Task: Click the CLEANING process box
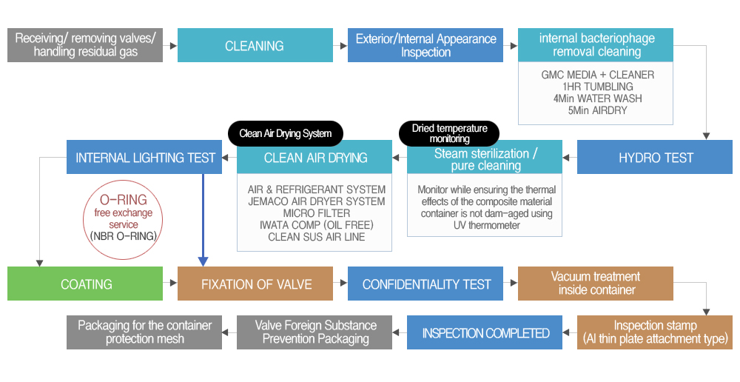(255, 45)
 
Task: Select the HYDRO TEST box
(655, 157)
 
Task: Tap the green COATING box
(85, 284)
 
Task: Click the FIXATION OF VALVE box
(255, 284)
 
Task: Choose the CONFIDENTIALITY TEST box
(425, 284)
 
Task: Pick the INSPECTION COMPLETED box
(485, 333)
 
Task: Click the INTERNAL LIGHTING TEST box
(144, 157)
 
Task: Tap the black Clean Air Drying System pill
(286, 134)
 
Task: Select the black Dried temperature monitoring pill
(449, 134)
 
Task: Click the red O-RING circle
(123, 180)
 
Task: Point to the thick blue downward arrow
(203, 220)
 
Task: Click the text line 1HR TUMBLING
(597, 87)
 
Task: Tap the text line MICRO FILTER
(316, 213)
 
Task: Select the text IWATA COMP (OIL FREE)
(316, 225)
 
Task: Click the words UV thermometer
(487, 225)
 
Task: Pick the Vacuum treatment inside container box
(596, 284)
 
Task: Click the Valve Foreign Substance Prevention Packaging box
(314, 333)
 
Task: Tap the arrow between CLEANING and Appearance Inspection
(340, 46)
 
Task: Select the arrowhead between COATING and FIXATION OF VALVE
(174, 284)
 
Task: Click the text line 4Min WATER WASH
(597, 98)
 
